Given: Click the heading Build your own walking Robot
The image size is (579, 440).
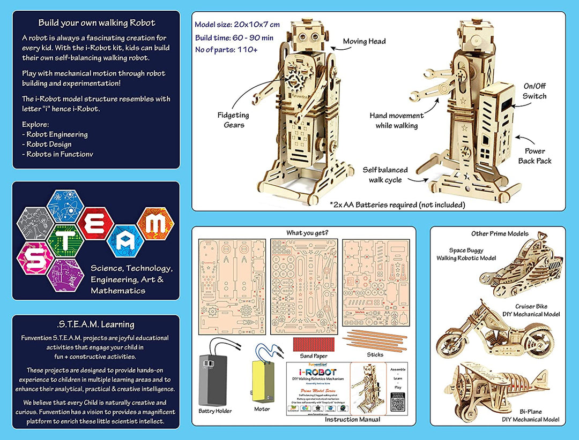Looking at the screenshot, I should (96, 23).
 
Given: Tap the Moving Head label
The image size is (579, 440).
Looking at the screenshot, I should (364, 41).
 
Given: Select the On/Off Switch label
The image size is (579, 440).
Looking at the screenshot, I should (535, 91).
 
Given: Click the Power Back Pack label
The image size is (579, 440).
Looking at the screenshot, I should (535, 156).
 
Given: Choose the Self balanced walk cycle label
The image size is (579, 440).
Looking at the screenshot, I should (385, 175).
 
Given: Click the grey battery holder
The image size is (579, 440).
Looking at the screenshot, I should (214, 380).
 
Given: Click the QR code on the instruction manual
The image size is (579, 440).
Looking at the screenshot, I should (397, 405).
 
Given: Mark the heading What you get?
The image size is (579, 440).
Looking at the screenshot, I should (308, 233).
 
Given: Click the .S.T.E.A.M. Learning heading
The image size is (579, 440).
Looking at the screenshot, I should (96, 324).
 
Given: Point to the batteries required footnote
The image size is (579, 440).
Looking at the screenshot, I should (397, 204).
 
